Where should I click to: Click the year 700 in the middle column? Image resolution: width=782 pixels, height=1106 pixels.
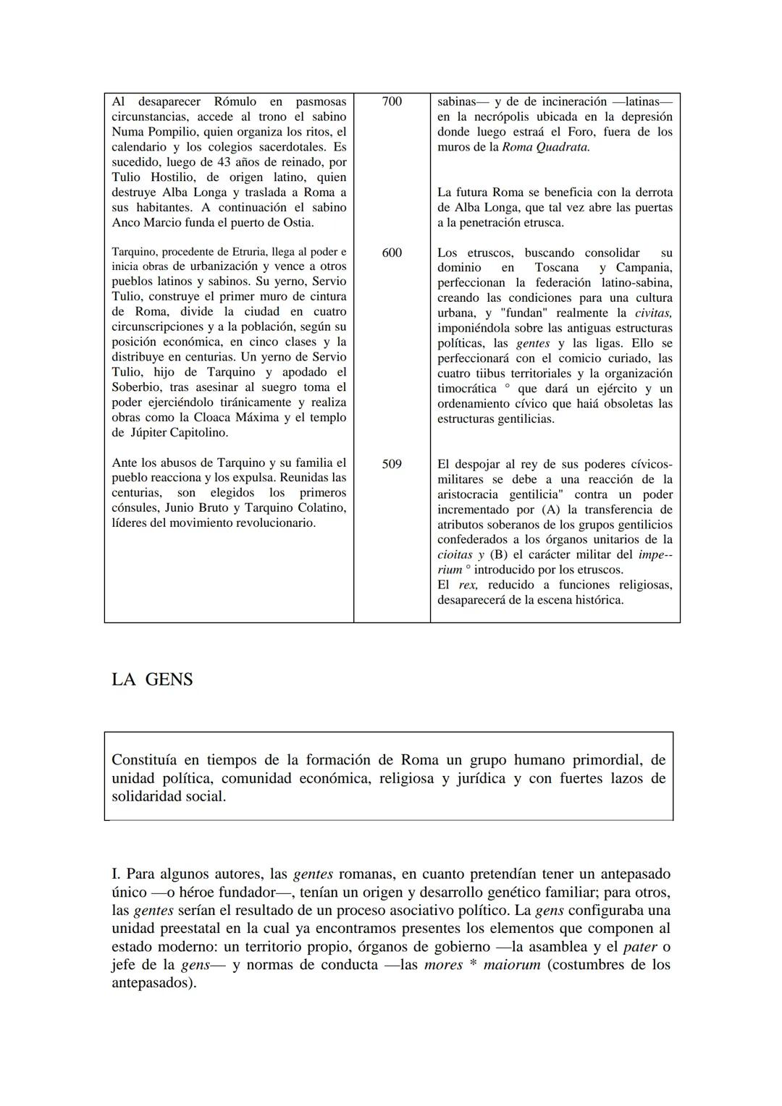(x=391, y=101)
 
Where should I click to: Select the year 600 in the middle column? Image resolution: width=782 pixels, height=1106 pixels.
(x=391, y=253)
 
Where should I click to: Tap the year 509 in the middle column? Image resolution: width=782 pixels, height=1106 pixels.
(x=391, y=464)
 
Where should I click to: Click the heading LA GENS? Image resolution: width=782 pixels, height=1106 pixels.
(x=152, y=680)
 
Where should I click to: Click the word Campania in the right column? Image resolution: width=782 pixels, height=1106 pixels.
(x=644, y=268)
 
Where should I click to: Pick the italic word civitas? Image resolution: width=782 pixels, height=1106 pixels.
(x=653, y=313)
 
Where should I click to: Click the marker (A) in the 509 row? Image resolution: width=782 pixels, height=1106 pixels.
(x=550, y=510)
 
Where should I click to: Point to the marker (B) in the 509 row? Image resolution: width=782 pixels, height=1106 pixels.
(x=499, y=555)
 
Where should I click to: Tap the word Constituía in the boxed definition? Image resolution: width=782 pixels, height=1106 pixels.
(x=148, y=760)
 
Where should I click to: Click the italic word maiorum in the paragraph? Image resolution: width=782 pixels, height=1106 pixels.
(x=512, y=965)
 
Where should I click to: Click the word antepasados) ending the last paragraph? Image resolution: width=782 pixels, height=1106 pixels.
(x=154, y=983)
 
